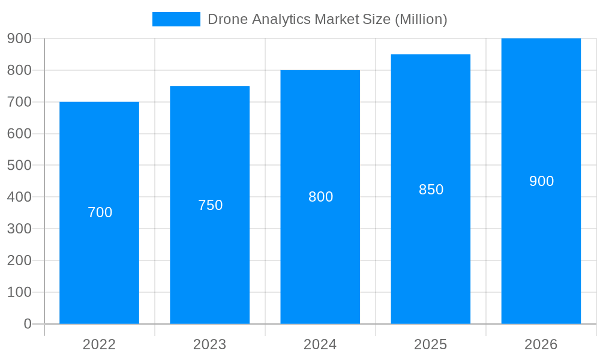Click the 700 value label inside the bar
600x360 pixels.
tap(100, 212)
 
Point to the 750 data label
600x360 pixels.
tap(210, 205)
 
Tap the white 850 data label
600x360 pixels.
tap(431, 190)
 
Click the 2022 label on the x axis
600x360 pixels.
tap(99, 344)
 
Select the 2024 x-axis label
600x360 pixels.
tap(320, 344)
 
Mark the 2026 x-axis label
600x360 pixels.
tap(541, 344)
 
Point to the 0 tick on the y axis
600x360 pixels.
tap(27, 324)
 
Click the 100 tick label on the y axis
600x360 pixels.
tap(19, 292)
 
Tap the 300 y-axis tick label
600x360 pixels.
tap(19, 229)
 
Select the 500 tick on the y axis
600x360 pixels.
tap(19, 165)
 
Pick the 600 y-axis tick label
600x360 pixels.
tap(19, 134)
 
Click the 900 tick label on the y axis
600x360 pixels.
tap(19, 38)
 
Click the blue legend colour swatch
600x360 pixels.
tap(176, 19)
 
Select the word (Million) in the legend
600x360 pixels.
tap(421, 19)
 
